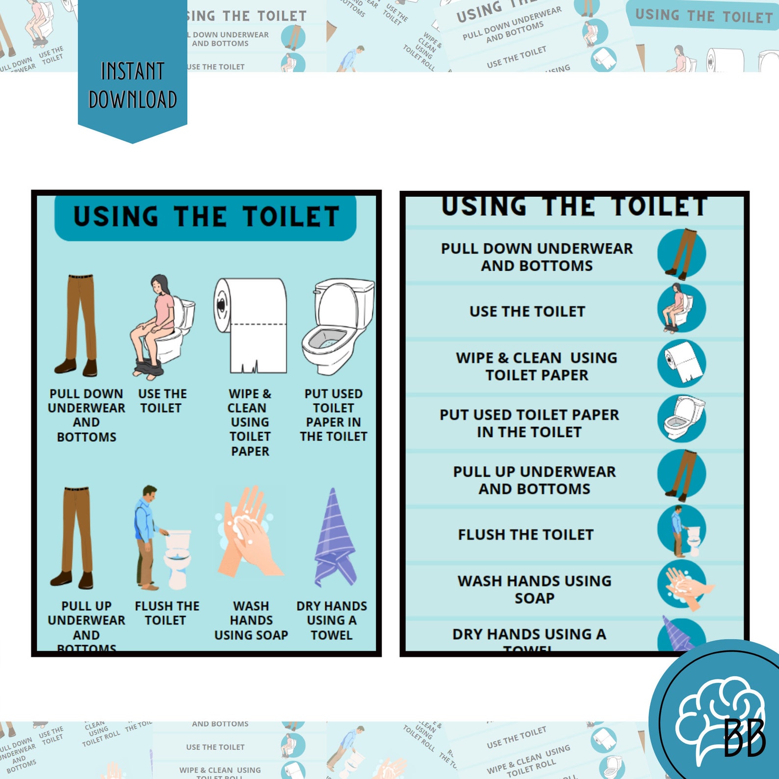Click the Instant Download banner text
pos(132,85)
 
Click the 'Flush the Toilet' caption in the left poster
pos(167,613)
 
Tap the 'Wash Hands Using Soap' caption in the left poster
pos(251,621)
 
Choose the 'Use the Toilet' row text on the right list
pos(527,312)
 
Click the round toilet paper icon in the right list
pos(682,363)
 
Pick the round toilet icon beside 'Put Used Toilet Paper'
pos(682,418)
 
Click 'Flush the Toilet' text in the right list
pos(526,535)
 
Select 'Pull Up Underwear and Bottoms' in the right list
pos(534,480)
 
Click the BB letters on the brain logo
pos(745,738)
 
